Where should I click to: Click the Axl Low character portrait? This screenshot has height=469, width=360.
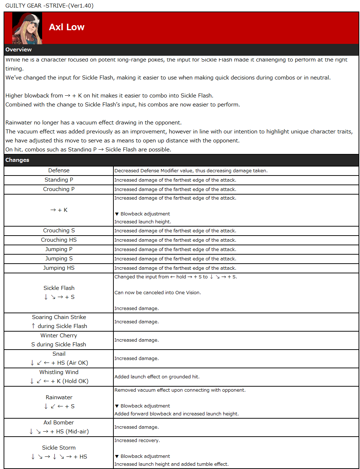[x=27, y=28]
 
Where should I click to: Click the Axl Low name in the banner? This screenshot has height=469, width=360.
[x=67, y=27]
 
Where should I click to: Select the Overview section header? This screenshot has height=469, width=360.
[x=19, y=50]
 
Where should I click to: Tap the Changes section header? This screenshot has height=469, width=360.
[x=17, y=160]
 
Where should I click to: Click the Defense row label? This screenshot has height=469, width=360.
[x=59, y=170]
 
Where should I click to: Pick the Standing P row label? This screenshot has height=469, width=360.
[x=59, y=180]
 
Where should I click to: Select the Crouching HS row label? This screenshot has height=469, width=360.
[x=59, y=240]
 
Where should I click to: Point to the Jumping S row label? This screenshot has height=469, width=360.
[x=59, y=259]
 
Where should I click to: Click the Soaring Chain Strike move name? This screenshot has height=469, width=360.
[x=59, y=317]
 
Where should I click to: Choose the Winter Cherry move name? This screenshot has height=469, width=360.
[x=59, y=336]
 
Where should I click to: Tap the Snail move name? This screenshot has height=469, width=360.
[x=59, y=354]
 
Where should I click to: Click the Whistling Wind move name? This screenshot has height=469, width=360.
[x=59, y=372]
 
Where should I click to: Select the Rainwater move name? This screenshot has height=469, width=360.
[x=59, y=397]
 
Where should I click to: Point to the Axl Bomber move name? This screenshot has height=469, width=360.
[x=59, y=423]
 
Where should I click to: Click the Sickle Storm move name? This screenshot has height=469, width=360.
[x=59, y=448]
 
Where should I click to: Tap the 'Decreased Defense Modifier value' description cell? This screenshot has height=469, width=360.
[x=191, y=171]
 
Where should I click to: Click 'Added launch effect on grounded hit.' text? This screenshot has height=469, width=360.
[x=157, y=377]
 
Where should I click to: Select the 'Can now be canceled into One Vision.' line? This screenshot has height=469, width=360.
[x=158, y=293]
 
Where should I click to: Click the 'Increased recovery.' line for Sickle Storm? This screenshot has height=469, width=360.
[x=137, y=441]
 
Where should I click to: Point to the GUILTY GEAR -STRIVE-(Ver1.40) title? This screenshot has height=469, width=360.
[x=49, y=6]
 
